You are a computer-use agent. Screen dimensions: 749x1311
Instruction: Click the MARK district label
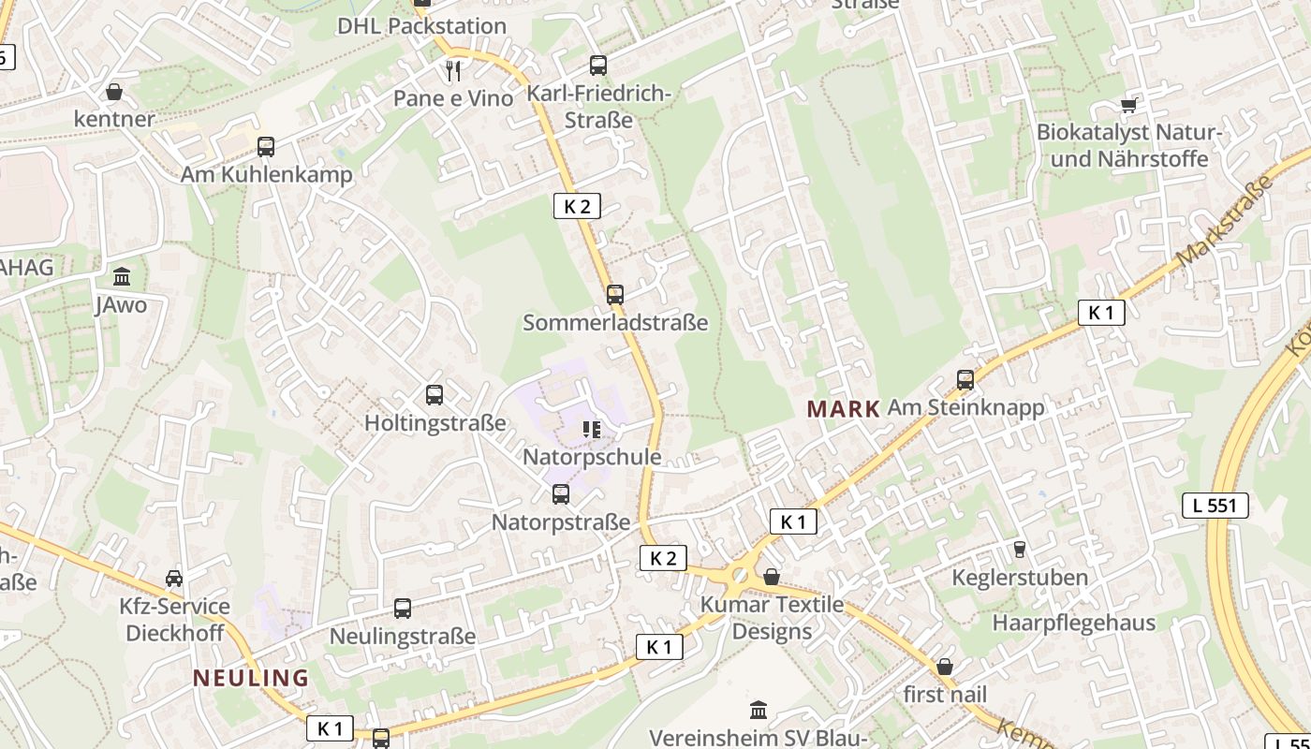pyautogui.click(x=843, y=408)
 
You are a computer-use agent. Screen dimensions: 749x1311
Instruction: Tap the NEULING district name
pyautogui.click(x=250, y=678)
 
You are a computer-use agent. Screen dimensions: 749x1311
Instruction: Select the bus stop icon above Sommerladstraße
pyautogui.click(x=614, y=294)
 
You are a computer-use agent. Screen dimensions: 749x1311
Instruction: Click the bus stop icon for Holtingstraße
pyautogui.click(x=434, y=395)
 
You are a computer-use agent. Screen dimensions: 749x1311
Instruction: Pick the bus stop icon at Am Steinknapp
pyautogui.click(x=965, y=380)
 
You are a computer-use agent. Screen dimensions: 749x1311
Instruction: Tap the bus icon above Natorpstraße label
pyautogui.click(x=560, y=494)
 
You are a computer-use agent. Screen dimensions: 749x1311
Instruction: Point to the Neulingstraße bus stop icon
pyautogui.click(x=402, y=609)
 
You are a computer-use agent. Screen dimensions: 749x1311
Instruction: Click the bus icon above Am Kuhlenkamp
pyautogui.click(x=266, y=147)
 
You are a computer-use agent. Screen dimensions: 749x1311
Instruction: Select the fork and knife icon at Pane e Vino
pyautogui.click(x=453, y=70)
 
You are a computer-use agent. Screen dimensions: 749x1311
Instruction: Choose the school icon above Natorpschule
pyautogui.click(x=591, y=430)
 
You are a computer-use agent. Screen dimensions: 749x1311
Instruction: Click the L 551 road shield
pyautogui.click(x=1215, y=506)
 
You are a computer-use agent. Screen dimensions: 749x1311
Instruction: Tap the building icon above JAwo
pyautogui.click(x=122, y=277)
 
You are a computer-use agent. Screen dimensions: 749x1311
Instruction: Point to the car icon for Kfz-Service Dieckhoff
pyautogui.click(x=174, y=578)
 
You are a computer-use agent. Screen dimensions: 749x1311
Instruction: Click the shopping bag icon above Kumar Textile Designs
pyautogui.click(x=772, y=577)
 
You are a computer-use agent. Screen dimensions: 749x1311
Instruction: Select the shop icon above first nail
pyautogui.click(x=945, y=667)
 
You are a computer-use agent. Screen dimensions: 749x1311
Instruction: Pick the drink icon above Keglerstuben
pyautogui.click(x=1019, y=550)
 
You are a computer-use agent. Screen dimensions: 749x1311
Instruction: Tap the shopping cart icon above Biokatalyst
pyautogui.click(x=1128, y=105)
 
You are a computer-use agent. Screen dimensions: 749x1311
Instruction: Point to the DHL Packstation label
pyautogui.click(x=421, y=26)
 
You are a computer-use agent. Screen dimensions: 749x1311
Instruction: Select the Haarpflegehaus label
pyautogui.click(x=1074, y=623)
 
